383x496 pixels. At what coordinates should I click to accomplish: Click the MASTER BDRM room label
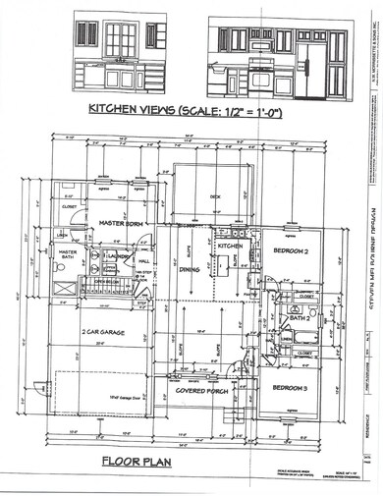tap(122, 224)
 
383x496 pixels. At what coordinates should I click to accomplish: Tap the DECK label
tap(215, 196)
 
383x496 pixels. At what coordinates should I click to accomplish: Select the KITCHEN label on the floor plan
tap(229, 245)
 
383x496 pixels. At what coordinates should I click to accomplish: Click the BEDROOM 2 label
tap(291, 252)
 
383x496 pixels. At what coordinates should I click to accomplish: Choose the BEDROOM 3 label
tap(291, 386)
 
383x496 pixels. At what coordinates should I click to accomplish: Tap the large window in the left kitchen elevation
tap(121, 38)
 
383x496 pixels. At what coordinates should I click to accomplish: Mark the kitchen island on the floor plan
tap(223, 262)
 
